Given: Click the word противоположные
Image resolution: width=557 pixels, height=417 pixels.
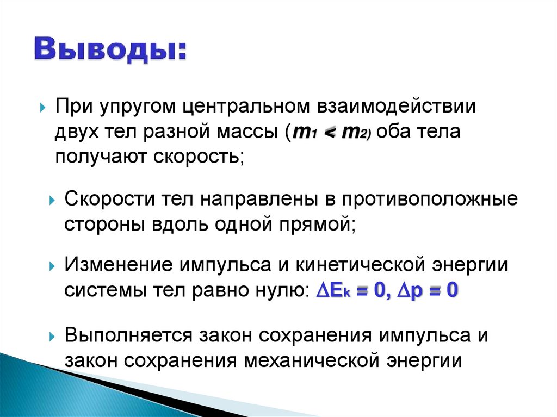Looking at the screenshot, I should (x=430, y=199).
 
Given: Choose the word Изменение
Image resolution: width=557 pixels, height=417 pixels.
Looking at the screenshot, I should (x=115, y=265).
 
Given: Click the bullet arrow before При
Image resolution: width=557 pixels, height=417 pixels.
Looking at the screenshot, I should (x=43, y=108).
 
